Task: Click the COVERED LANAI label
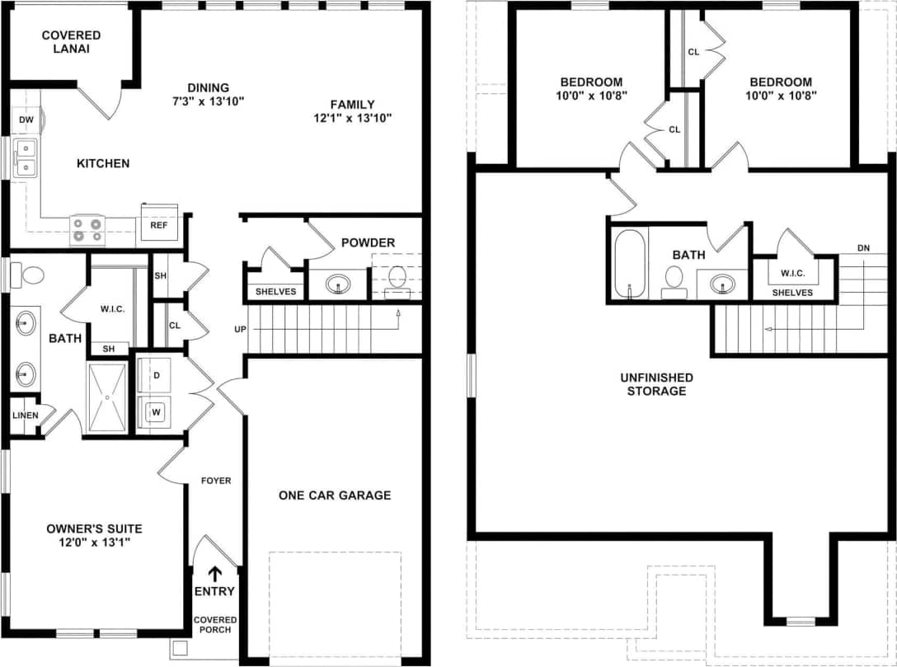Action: click(x=71, y=42)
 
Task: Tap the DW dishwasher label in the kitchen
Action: click(x=26, y=120)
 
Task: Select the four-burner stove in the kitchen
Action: click(x=87, y=229)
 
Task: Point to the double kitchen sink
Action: click(x=26, y=157)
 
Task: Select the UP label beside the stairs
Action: click(x=241, y=329)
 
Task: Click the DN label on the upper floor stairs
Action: click(x=863, y=247)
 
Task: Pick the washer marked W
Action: click(x=153, y=411)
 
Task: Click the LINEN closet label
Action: click(x=25, y=415)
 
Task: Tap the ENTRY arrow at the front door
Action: click(x=214, y=574)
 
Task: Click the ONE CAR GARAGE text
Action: click(x=335, y=496)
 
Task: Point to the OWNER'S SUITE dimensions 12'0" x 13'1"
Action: click(x=95, y=543)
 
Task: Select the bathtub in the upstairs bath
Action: click(x=631, y=262)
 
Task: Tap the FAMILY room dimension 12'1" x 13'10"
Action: click(x=353, y=118)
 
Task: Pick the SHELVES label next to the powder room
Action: click(x=275, y=291)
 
